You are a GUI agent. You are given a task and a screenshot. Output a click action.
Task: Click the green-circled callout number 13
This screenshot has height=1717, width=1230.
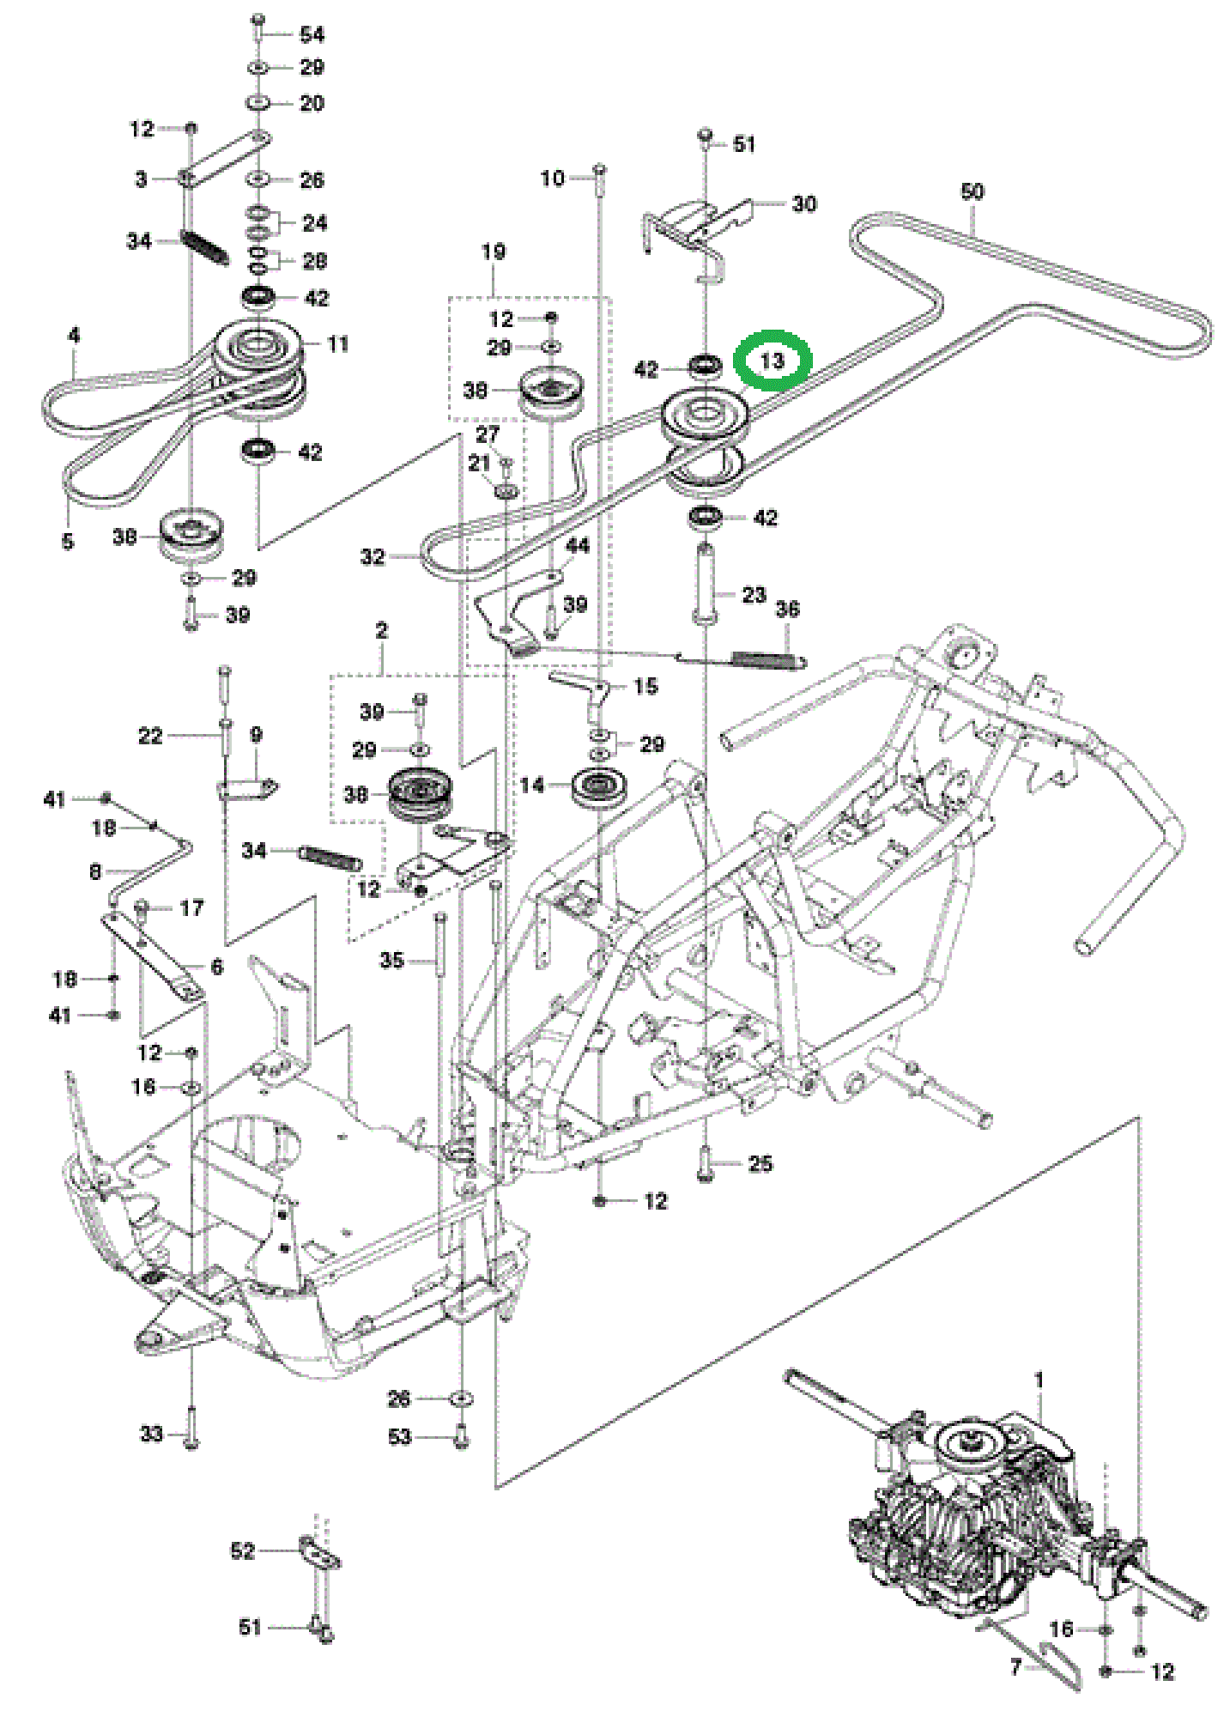click(773, 361)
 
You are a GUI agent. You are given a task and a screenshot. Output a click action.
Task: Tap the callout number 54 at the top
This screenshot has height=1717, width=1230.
click(312, 34)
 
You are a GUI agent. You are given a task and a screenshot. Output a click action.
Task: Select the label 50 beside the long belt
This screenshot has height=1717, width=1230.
click(972, 191)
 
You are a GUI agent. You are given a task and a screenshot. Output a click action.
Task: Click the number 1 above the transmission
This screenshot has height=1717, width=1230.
click(1039, 1380)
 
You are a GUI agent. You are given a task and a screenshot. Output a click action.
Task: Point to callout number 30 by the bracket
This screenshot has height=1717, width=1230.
click(803, 203)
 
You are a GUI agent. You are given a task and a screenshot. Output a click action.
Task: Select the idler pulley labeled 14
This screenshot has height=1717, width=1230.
click(601, 787)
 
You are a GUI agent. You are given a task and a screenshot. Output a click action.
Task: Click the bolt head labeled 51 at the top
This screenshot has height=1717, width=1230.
click(706, 135)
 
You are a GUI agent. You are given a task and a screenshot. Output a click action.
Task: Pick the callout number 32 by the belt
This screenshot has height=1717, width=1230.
click(373, 556)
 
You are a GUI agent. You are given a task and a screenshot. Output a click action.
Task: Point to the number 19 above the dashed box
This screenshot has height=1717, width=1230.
click(494, 252)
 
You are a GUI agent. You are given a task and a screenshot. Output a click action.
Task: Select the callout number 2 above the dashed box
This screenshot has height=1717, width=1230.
click(382, 630)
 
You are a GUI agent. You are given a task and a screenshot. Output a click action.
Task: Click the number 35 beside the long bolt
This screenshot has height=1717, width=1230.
click(391, 960)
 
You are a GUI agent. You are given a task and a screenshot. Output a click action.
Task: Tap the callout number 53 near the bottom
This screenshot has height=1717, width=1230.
click(400, 1436)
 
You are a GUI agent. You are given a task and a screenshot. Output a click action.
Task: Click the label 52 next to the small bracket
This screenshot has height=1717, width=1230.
click(243, 1550)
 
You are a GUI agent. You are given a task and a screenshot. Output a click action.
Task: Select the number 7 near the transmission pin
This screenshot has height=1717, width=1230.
click(1015, 1667)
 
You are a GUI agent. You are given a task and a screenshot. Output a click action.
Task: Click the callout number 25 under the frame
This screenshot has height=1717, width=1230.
click(760, 1163)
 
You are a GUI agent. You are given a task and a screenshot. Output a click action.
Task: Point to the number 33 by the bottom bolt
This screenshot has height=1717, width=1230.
click(151, 1434)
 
